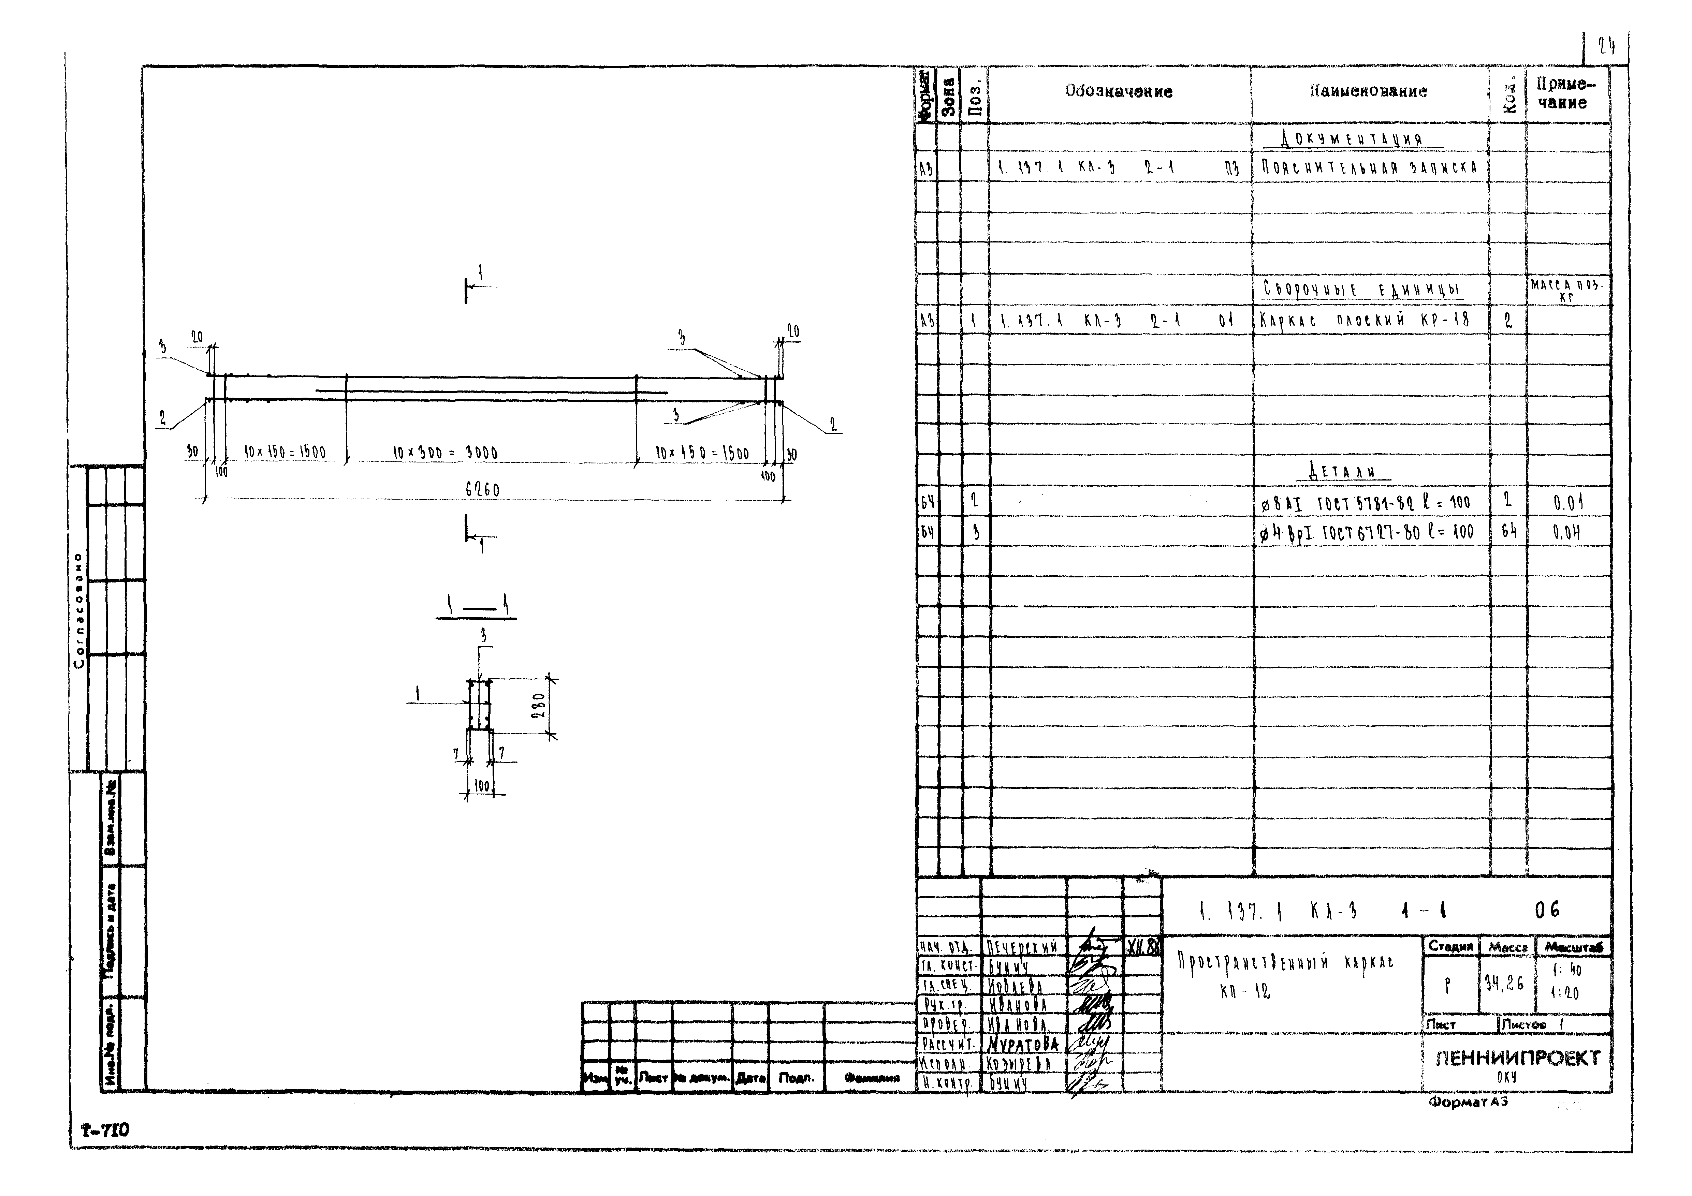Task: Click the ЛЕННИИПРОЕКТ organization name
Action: (1517, 1058)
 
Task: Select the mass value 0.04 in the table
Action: (1567, 532)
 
